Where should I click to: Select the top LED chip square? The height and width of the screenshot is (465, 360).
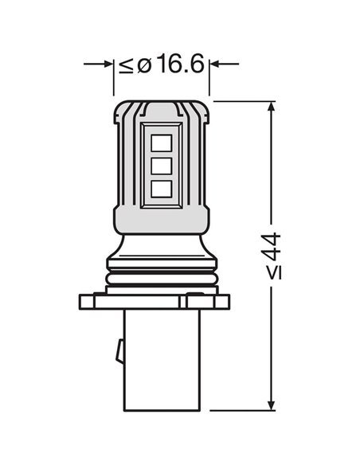161,143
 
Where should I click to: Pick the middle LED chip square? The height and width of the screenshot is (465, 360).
161,166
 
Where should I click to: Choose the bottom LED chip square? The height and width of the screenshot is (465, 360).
161,189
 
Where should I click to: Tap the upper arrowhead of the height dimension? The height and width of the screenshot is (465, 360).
273,108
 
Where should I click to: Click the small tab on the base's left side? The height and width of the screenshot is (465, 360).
118,349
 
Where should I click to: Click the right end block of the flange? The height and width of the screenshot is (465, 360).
222,302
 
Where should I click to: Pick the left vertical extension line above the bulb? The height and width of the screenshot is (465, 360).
113,80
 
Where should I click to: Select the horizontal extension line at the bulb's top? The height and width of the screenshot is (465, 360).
243,101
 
